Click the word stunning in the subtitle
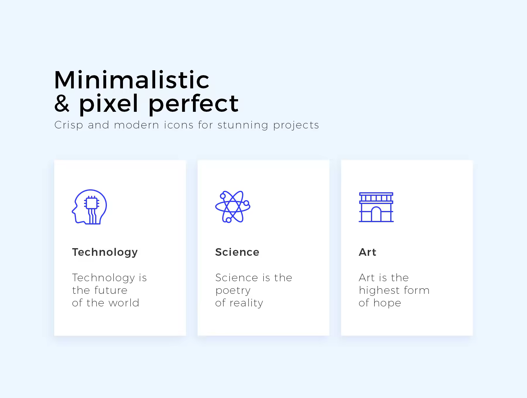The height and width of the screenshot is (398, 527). tap(243, 125)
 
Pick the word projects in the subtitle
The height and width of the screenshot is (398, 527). tap(296, 125)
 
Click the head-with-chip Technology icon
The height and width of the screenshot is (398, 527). tap(89, 207)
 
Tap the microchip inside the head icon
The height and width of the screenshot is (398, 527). tap(92, 203)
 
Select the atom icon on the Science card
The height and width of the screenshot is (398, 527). tap(233, 207)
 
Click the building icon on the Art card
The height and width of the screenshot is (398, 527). tap(376, 207)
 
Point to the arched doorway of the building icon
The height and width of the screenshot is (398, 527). tap(376, 214)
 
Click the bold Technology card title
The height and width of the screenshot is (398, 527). tap(105, 252)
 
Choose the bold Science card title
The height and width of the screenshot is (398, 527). tap(237, 252)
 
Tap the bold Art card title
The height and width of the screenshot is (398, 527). tap(367, 252)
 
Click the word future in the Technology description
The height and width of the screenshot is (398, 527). tap(111, 290)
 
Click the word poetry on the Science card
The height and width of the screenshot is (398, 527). tap(233, 291)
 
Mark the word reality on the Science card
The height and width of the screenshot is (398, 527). tap(247, 303)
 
